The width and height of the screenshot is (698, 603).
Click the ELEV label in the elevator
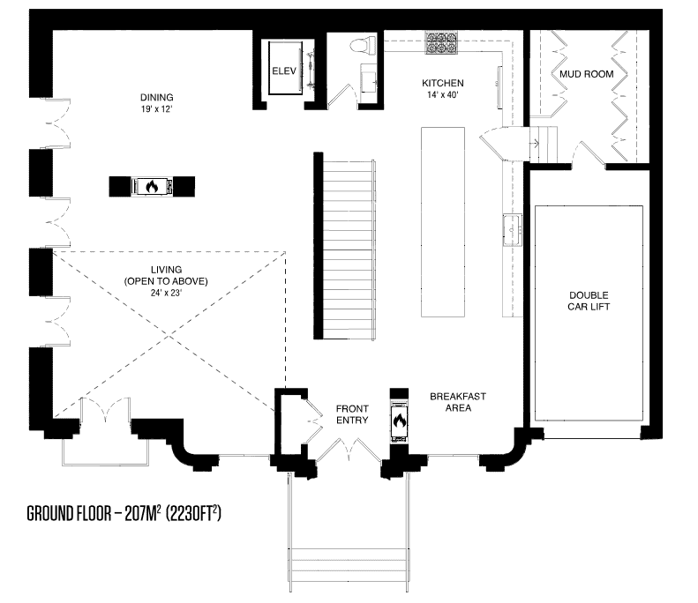click(284, 71)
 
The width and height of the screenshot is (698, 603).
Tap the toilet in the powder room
click(364, 46)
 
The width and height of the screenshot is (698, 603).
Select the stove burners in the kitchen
click(441, 42)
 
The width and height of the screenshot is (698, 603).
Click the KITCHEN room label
click(442, 83)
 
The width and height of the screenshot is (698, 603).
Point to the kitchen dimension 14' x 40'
click(442, 94)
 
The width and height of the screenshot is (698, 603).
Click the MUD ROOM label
click(586, 74)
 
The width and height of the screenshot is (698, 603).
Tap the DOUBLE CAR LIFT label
click(589, 301)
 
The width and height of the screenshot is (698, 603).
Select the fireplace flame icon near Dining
click(152, 186)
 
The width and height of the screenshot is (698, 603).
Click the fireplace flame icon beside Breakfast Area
click(400, 421)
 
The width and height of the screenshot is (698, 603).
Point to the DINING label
click(157, 97)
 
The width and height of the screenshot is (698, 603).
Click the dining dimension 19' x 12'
click(157, 109)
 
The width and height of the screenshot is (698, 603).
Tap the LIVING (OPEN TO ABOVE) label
click(166, 275)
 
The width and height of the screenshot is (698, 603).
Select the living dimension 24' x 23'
click(166, 293)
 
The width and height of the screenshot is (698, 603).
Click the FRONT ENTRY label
click(352, 414)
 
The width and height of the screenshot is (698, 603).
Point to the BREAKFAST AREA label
click(458, 402)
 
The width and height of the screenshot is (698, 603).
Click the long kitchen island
click(443, 222)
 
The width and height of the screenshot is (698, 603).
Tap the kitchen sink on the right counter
click(513, 230)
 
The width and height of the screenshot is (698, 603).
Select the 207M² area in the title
click(142, 513)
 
